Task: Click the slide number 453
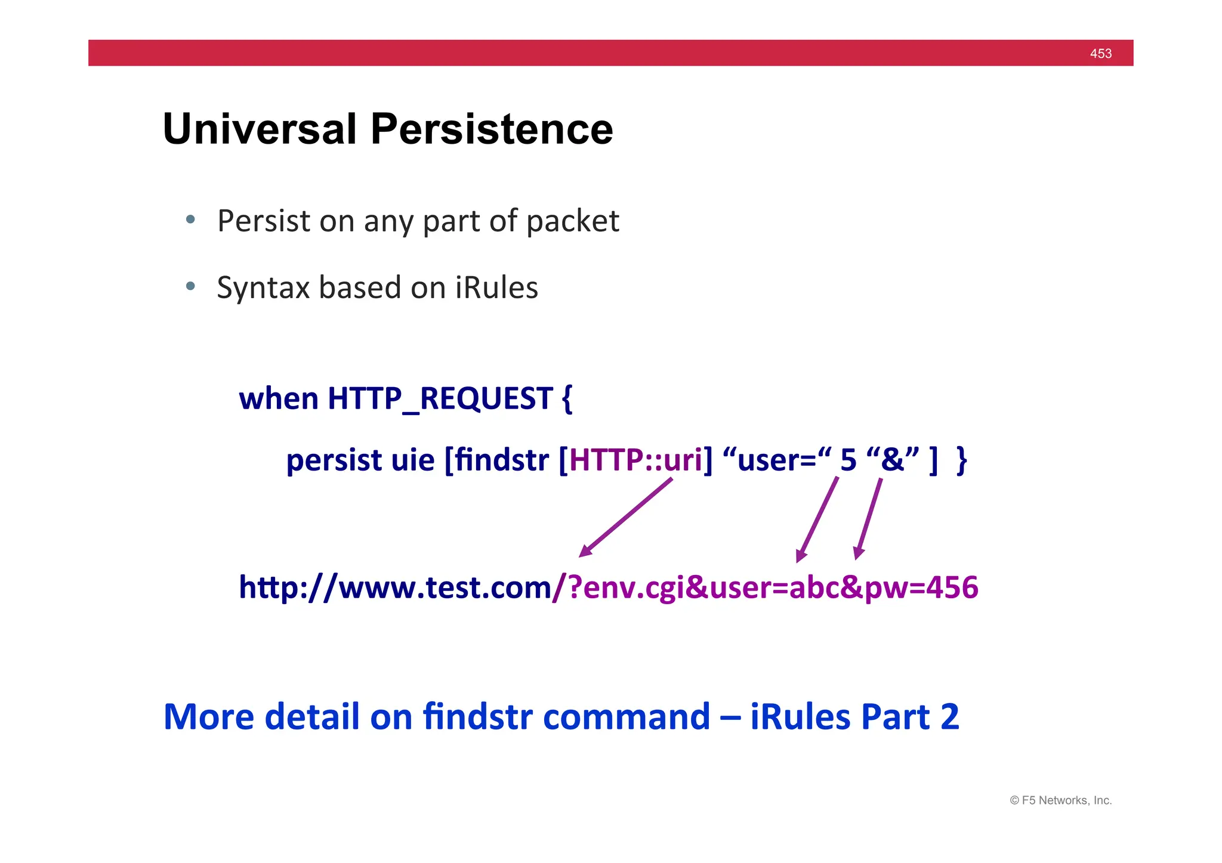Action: (x=1100, y=54)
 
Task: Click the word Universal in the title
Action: (x=260, y=129)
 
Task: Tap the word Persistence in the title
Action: (x=492, y=129)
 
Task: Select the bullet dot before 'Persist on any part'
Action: (x=190, y=219)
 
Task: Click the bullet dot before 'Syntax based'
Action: (x=190, y=286)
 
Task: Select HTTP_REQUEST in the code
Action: (x=440, y=398)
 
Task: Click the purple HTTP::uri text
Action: (x=636, y=460)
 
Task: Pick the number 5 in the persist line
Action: (x=848, y=460)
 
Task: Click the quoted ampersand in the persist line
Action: (x=893, y=459)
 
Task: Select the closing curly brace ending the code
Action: (x=961, y=460)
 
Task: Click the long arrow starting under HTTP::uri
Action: (x=627, y=517)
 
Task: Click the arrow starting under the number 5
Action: (x=817, y=519)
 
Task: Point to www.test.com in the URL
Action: (x=445, y=587)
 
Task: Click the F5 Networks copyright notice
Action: (x=1060, y=800)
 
